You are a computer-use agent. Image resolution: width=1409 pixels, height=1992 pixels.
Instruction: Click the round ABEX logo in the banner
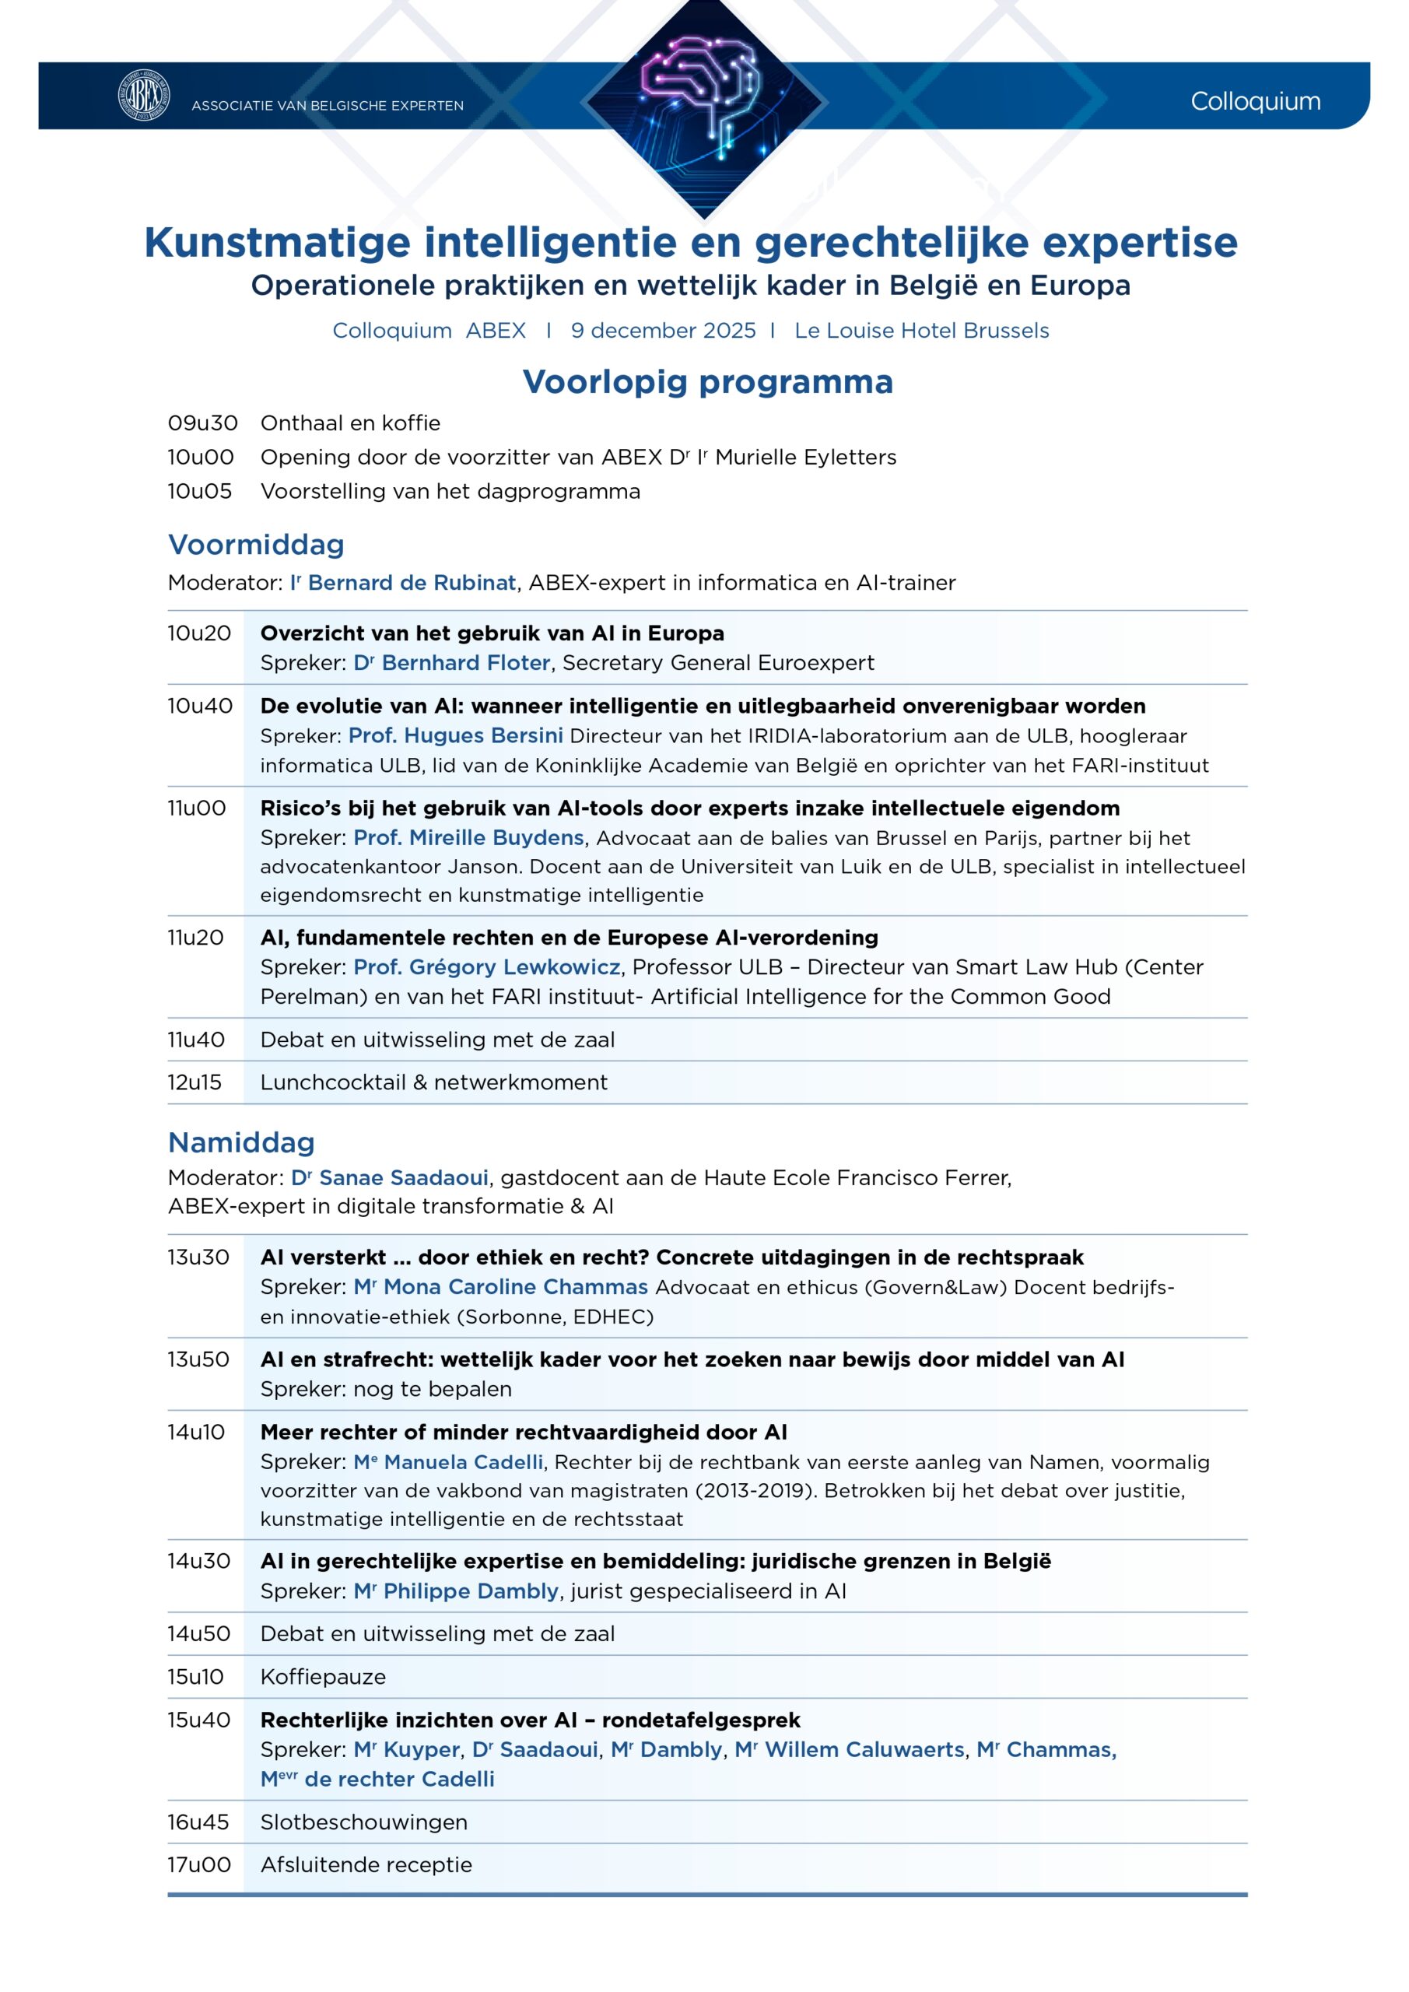(144, 96)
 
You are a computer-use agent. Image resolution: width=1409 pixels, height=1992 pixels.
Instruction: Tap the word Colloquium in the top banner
(1255, 101)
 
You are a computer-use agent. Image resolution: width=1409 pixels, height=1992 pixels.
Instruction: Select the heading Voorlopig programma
(707, 382)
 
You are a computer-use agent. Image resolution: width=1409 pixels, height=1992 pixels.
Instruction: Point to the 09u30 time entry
(202, 423)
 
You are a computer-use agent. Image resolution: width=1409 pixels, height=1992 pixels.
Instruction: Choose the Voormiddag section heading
(256, 545)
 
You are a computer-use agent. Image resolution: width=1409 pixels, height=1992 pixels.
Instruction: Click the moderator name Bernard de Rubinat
(412, 583)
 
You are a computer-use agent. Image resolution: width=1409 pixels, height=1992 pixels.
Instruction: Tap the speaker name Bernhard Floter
(465, 663)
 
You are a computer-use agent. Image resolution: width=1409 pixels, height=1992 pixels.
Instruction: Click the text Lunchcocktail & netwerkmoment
(434, 1082)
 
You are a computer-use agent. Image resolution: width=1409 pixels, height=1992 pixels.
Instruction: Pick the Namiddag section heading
(241, 1142)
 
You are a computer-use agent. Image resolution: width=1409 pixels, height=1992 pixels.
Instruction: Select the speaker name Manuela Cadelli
(462, 1462)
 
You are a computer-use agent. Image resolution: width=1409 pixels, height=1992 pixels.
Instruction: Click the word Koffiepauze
(323, 1677)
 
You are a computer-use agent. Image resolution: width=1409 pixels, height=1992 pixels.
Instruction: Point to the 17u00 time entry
(198, 1864)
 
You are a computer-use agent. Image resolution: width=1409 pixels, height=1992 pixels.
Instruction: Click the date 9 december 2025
(663, 331)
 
